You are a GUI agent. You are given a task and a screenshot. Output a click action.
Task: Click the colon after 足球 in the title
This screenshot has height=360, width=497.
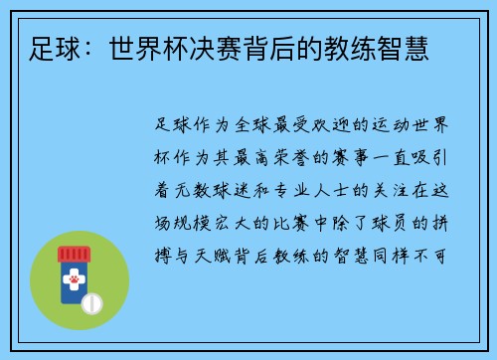[x=98, y=47]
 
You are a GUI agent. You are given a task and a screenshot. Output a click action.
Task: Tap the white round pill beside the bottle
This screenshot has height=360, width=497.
[x=93, y=301]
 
